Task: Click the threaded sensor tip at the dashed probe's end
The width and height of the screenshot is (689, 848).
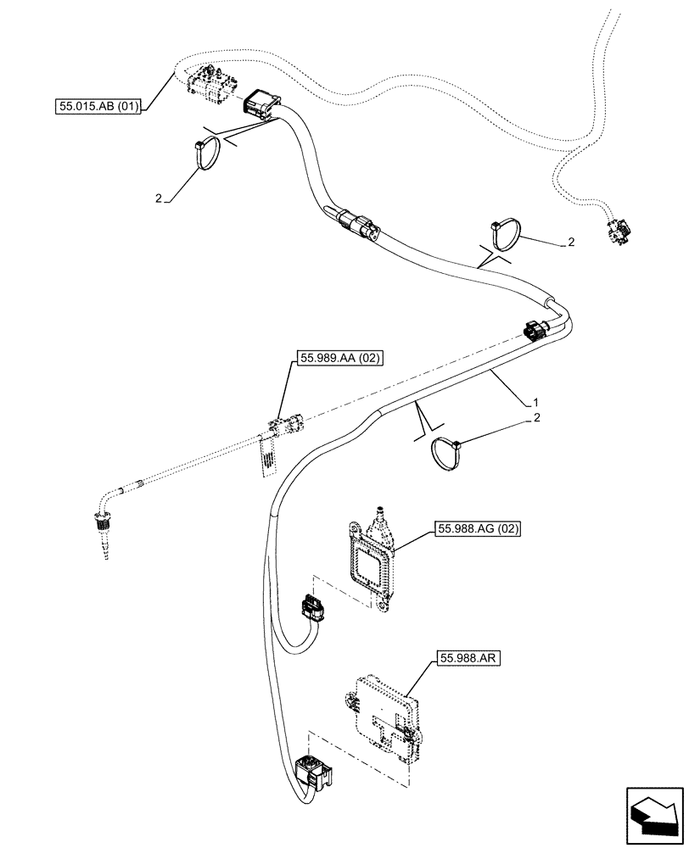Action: (102, 535)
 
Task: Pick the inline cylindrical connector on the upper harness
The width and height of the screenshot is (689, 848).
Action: (361, 227)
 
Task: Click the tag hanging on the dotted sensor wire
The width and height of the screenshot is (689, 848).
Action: (267, 455)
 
